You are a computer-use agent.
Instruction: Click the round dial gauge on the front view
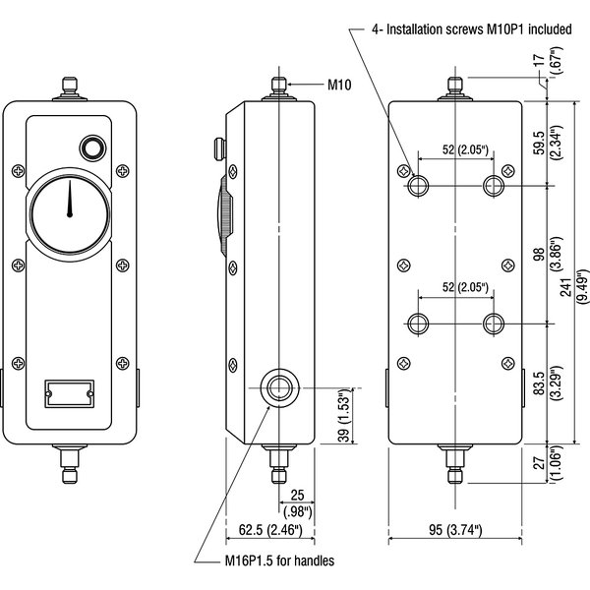pos(70,213)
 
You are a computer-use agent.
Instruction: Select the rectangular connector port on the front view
pos(68,393)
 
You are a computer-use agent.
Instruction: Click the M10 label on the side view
pos(339,87)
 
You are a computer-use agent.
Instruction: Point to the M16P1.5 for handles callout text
pos(277,561)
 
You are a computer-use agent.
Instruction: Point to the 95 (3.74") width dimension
pos(455,532)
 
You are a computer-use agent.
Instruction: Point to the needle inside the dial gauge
pos(70,202)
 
